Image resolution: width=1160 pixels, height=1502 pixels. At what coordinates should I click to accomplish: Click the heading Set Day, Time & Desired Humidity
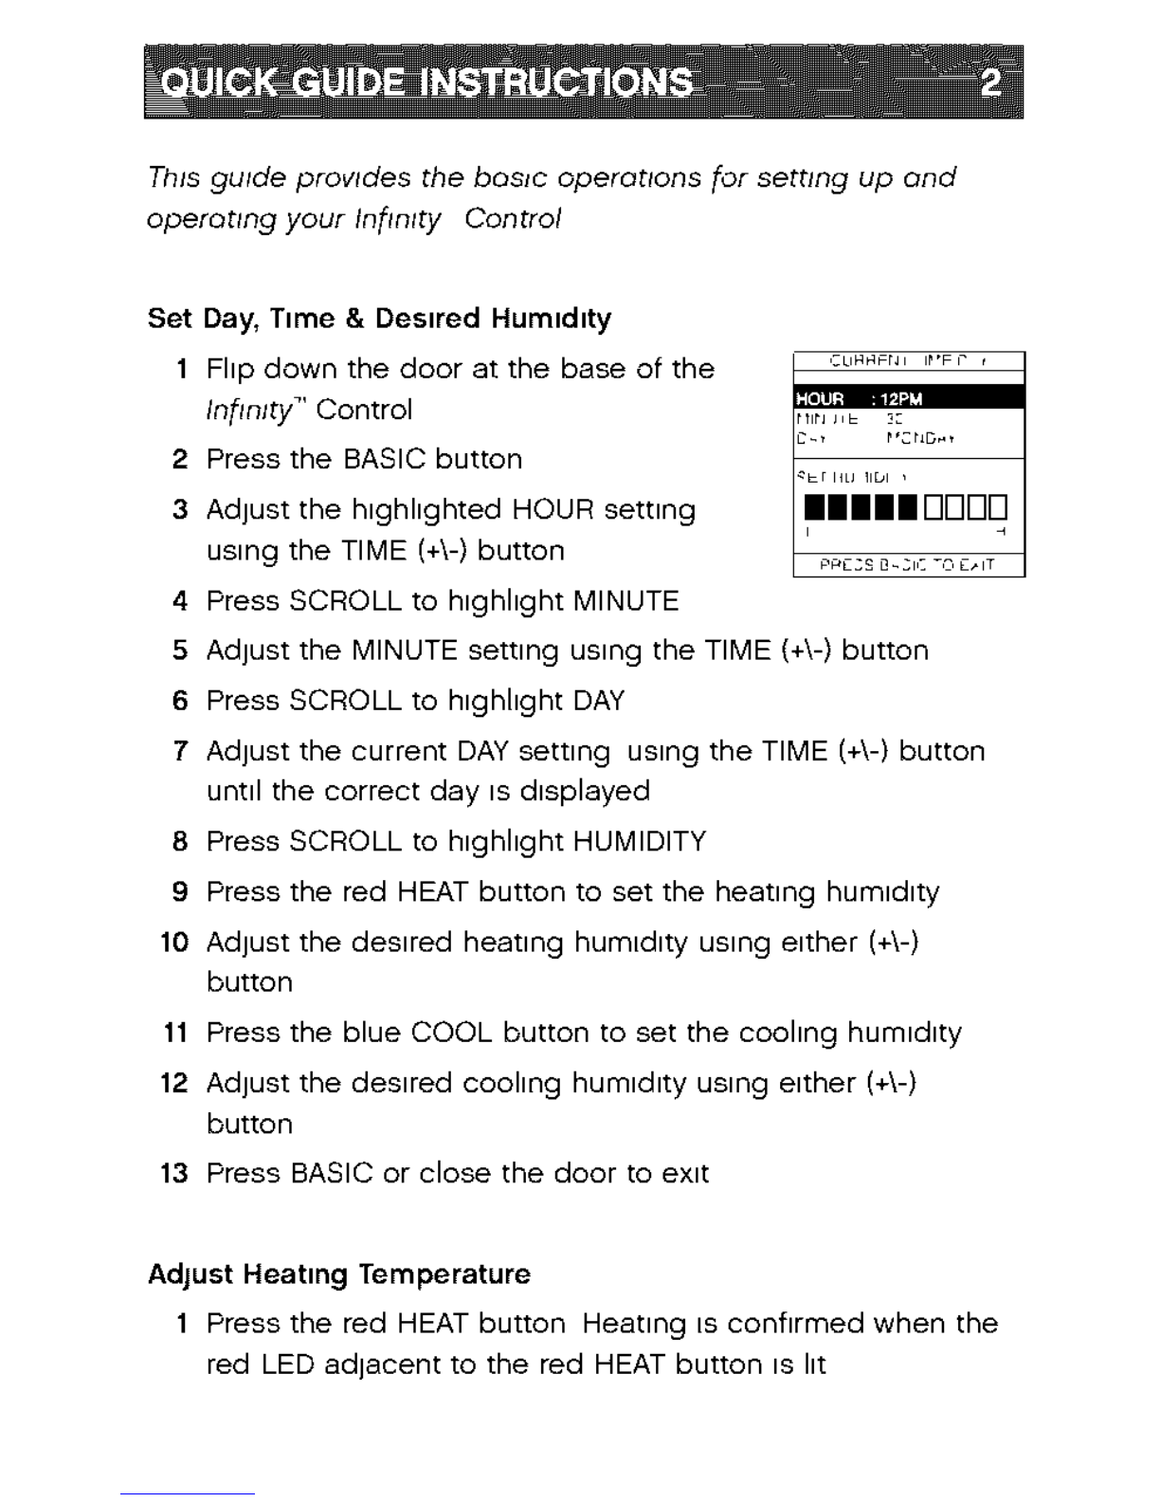(x=379, y=318)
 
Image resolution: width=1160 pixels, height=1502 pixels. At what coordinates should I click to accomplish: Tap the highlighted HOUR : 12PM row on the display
(x=908, y=398)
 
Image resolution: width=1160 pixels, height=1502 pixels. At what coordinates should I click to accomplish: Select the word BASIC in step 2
(x=386, y=459)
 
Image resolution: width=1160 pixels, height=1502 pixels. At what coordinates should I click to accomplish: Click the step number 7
(x=181, y=751)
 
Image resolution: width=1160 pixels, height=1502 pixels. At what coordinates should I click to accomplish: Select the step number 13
(x=174, y=1173)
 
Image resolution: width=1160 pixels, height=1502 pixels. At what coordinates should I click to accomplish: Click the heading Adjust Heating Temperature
(x=338, y=1273)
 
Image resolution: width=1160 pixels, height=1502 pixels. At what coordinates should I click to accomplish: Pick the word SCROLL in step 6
(x=346, y=701)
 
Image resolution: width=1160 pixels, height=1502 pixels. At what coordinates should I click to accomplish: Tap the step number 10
(x=174, y=942)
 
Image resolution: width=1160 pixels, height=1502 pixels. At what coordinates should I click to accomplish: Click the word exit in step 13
(x=685, y=1173)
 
